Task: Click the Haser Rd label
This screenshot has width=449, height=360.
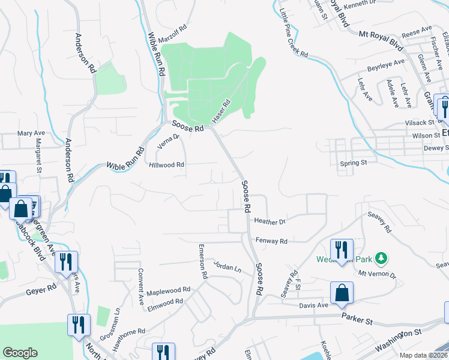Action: [x=221, y=109]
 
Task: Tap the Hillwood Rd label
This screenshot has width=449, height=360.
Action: [x=167, y=164]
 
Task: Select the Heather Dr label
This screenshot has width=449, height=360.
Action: [x=270, y=221]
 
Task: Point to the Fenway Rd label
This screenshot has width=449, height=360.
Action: [x=271, y=241]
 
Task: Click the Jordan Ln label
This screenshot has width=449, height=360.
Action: [x=228, y=267]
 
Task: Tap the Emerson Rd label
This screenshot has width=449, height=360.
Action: [x=203, y=261]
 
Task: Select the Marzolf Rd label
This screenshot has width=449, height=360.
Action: [x=174, y=35]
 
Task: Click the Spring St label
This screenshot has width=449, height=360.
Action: [x=353, y=163]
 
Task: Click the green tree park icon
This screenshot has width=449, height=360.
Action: [x=381, y=259]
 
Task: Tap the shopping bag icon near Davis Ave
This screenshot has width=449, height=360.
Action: [x=342, y=293]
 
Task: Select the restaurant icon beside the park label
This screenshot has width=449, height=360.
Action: [x=342, y=249]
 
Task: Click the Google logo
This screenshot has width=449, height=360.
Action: [x=20, y=353]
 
